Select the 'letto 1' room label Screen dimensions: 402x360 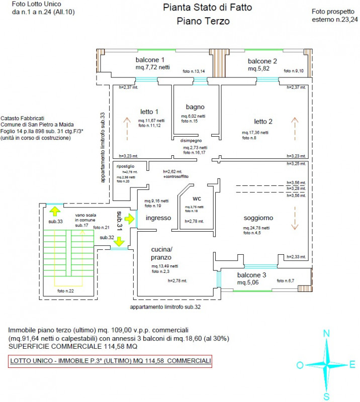(x=149, y=112)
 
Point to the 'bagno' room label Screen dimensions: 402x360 (x=195, y=107)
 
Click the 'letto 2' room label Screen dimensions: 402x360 (x=263, y=122)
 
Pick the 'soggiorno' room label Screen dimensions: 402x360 (x=258, y=218)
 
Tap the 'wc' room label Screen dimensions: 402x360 (x=196, y=197)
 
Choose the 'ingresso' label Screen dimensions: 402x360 (x=158, y=218)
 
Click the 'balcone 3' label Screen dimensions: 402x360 (x=252, y=275)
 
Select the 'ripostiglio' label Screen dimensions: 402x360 (x=126, y=166)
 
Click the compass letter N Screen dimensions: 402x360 (x=326, y=333)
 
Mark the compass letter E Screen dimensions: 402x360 (x=352, y=365)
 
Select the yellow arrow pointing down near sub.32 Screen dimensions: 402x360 (x=119, y=242)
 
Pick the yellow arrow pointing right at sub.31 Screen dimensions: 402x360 (x=130, y=219)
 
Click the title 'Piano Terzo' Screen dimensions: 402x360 (x=203, y=21)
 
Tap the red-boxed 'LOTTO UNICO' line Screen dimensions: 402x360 (x=110, y=361)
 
